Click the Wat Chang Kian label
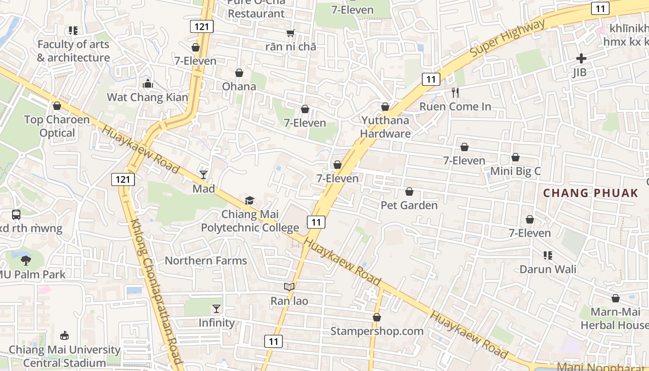[147, 97]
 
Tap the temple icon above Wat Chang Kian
[148, 83]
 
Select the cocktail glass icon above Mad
[204, 174]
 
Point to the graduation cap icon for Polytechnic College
[250, 200]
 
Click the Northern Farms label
[206, 261]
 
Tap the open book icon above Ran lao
[289, 287]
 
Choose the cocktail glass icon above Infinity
[216, 308]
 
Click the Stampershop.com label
[377, 331]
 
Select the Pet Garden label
[409, 205]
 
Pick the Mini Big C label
[515, 171]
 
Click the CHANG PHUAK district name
[590, 193]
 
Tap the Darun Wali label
[548, 269]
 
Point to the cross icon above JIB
[581, 58]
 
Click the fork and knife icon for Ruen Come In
[455, 93]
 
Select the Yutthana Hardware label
[385, 127]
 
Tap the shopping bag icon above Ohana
[239, 73]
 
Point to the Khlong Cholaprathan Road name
[155, 292]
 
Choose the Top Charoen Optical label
[57, 126]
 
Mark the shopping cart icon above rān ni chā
[291, 33]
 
